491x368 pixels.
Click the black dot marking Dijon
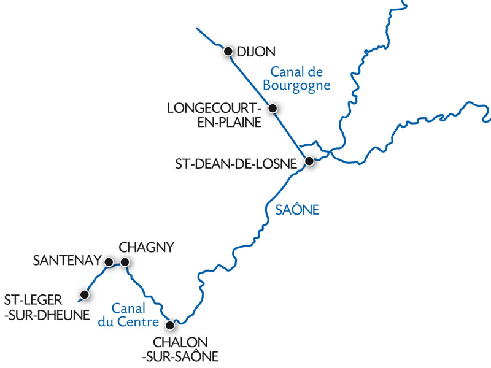[x=228, y=51]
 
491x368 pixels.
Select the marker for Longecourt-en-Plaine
[x=273, y=109]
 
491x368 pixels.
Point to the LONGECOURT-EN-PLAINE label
[x=215, y=115]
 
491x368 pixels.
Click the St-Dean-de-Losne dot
[x=310, y=161]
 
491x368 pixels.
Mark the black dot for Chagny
[x=125, y=262]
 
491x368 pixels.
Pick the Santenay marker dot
[x=109, y=262]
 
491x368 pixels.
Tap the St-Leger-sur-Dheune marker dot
[x=85, y=295]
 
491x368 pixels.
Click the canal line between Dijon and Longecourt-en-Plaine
[x=250, y=80]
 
